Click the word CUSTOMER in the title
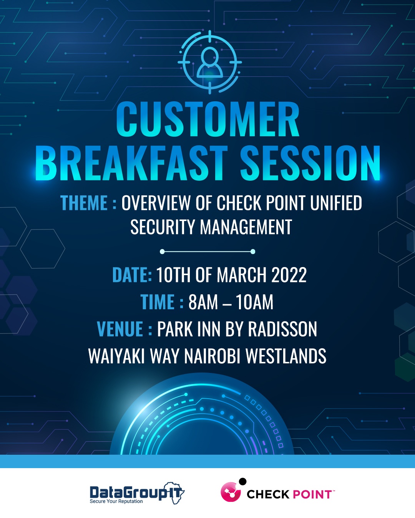coord(207,119)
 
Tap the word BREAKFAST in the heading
coord(131,163)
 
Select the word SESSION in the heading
coord(310,163)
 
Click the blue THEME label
coord(84,203)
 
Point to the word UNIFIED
coord(336,203)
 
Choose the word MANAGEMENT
coord(246,227)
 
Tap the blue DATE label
coord(132,275)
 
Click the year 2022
coord(289,275)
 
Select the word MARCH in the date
coord(241,275)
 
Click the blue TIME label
coord(158,302)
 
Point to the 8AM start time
coord(203,302)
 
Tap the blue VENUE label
coord(120,329)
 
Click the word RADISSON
coord(282,329)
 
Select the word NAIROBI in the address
coord(212,356)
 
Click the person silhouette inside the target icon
coord(209,63)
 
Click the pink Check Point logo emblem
coord(231,491)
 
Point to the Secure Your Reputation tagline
coord(116,501)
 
